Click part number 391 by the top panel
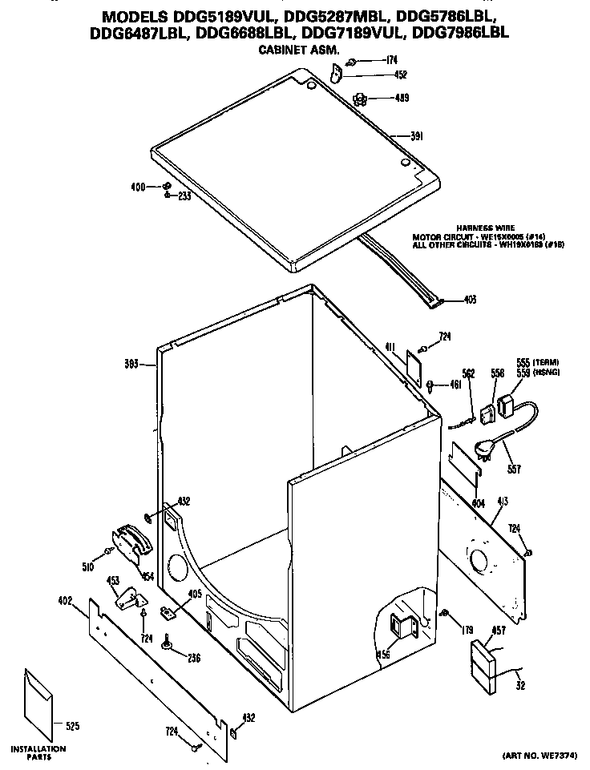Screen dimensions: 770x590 (417, 136)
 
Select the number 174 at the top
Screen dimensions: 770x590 (391, 60)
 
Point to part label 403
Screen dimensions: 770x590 (471, 300)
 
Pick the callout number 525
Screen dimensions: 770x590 (71, 727)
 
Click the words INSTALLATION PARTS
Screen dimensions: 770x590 (38, 752)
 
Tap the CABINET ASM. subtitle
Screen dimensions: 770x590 (298, 50)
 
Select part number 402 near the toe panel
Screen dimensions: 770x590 (66, 600)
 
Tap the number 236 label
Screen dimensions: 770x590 (193, 659)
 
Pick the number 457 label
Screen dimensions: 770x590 (498, 631)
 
